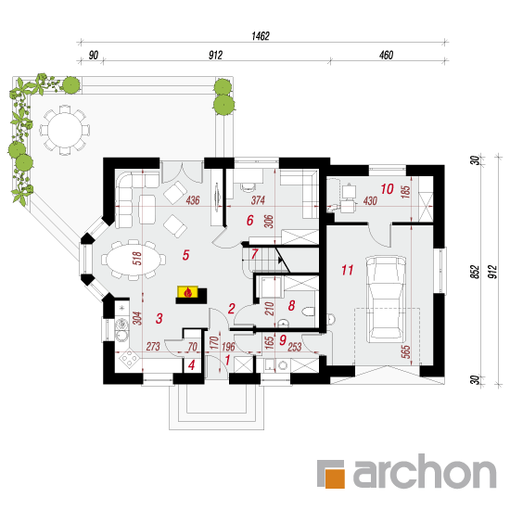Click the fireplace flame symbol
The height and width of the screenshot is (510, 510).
[x=187, y=292]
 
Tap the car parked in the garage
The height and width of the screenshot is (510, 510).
[x=386, y=299]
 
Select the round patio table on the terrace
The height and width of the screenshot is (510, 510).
[x=65, y=130]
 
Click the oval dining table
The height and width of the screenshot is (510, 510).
[x=134, y=260]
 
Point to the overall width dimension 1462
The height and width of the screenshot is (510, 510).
[x=261, y=36]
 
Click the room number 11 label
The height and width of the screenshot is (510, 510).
[x=348, y=270]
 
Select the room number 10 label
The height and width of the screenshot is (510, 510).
[x=387, y=189]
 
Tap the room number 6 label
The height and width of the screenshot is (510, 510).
[x=249, y=220]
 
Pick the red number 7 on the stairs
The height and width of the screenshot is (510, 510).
[x=254, y=254]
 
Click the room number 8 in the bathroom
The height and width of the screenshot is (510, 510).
[x=291, y=305]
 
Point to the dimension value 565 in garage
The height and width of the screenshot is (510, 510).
[x=405, y=352]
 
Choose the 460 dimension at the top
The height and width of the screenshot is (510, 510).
[x=386, y=55]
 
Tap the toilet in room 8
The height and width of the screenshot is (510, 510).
[x=308, y=312]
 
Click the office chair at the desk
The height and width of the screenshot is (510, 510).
[x=249, y=186]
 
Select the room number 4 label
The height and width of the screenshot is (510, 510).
[x=192, y=365]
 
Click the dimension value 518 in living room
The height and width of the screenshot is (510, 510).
[x=137, y=259]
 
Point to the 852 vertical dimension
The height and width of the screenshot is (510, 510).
[x=475, y=272]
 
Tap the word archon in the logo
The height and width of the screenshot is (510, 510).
[x=425, y=471]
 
